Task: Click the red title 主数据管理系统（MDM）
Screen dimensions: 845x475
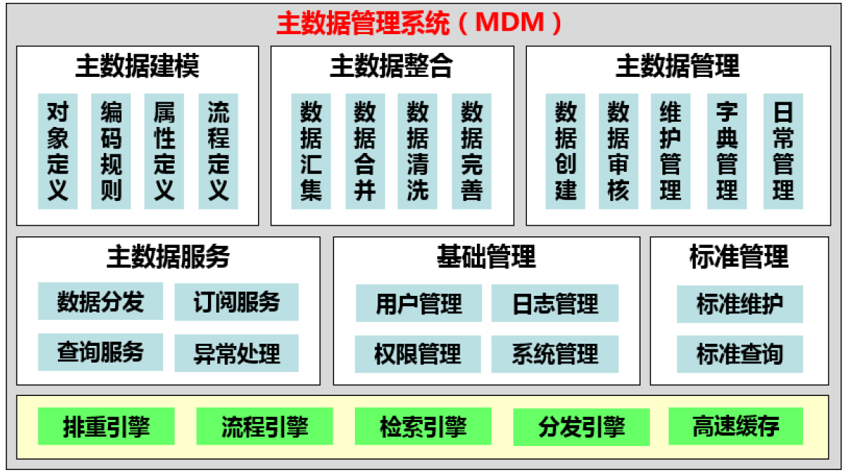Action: (420, 23)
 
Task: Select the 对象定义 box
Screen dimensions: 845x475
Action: (58, 152)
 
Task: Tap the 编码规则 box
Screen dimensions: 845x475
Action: (111, 152)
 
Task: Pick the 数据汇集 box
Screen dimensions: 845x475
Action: (311, 152)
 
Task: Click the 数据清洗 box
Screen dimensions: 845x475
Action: (417, 152)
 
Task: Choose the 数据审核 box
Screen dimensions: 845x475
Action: (619, 152)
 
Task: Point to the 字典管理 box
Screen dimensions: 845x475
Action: (727, 152)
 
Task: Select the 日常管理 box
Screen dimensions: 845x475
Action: (783, 152)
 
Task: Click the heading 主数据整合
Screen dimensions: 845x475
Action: (392, 66)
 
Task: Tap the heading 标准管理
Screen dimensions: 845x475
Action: (739, 256)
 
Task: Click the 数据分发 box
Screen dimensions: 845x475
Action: (101, 302)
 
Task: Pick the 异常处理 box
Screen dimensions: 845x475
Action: (236, 353)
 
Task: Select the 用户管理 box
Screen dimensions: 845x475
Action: (419, 304)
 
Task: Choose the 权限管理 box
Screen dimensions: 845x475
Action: (417, 354)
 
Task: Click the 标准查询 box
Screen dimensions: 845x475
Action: (740, 354)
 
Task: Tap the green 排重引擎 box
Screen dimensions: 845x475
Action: (106, 426)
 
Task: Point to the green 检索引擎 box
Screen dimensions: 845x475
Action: (423, 426)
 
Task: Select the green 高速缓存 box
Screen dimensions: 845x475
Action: (736, 426)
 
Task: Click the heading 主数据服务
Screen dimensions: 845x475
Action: (168, 256)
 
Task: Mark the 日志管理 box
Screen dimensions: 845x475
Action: (555, 304)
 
